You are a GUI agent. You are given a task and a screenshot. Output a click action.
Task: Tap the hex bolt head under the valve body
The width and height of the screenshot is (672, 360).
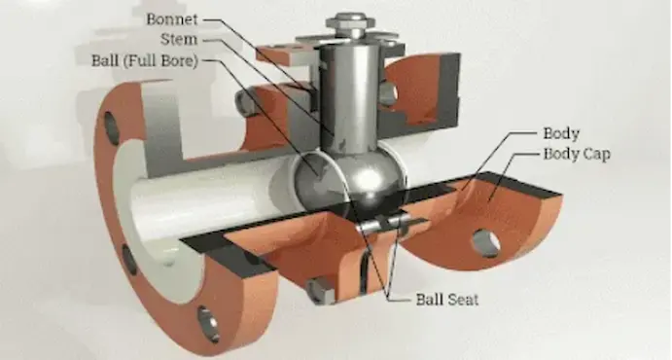click(x=319, y=289)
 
